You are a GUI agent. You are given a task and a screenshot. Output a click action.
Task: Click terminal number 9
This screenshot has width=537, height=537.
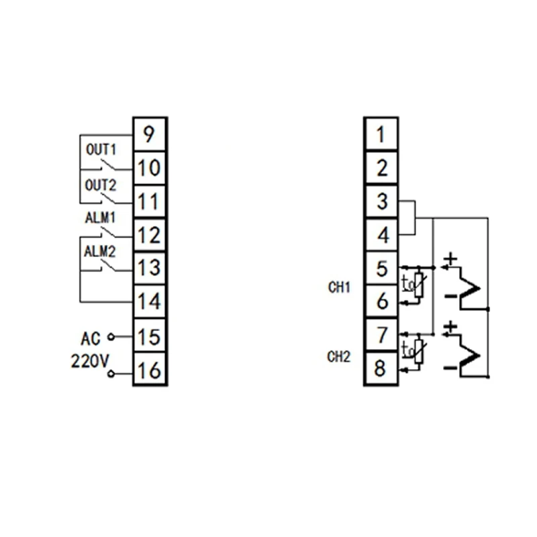(149, 134)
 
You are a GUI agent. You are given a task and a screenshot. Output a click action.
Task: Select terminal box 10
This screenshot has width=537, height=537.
(149, 168)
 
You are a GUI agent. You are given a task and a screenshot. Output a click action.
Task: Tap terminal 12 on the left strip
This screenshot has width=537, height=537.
(149, 235)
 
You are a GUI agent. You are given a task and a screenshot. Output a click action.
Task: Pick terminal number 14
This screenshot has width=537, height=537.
(149, 301)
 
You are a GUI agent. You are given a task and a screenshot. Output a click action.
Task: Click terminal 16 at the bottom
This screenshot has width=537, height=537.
(149, 369)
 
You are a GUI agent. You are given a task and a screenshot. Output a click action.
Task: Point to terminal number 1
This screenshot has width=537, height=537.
(381, 134)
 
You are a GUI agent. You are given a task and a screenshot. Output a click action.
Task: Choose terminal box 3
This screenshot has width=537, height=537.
(381, 201)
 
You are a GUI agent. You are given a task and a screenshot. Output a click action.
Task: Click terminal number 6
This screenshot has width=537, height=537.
(381, 301)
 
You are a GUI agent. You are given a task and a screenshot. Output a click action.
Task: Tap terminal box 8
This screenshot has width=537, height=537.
(381, 369)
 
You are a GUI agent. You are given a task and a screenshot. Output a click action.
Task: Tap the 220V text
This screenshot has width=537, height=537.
(90, 361)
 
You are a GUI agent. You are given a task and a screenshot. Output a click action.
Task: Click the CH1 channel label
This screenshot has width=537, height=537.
(339, 287)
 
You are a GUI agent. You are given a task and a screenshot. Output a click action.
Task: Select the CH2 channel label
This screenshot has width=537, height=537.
(339, 356)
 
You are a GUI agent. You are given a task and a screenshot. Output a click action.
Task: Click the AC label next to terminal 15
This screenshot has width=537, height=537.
(90, 337)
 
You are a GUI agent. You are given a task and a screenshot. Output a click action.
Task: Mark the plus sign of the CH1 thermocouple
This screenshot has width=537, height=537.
(450, 258)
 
